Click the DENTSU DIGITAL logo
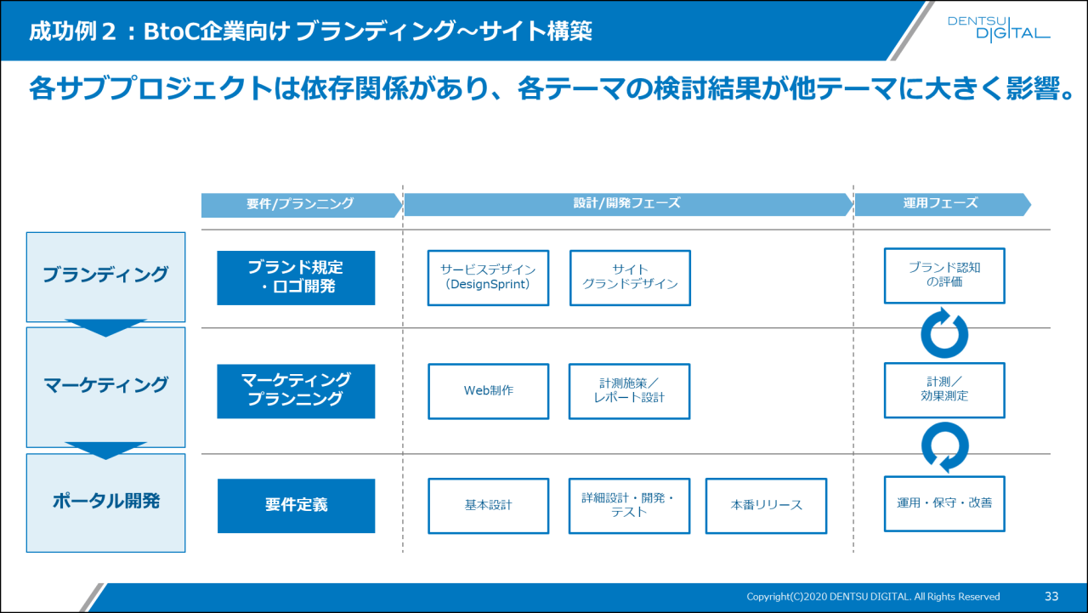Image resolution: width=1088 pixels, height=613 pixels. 998,28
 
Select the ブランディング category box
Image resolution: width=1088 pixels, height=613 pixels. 105,275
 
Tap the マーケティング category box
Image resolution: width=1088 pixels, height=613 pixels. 105,386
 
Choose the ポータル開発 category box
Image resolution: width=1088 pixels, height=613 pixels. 105,502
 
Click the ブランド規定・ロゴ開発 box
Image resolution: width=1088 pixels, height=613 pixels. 296,277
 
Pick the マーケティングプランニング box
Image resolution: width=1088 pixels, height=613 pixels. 296,390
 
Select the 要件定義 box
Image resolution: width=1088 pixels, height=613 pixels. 296,505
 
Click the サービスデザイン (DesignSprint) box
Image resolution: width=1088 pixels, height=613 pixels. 488,277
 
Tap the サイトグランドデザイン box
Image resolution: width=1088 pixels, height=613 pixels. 630,277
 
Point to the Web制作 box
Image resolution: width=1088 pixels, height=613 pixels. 488,391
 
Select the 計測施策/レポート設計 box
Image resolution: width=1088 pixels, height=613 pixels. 629,391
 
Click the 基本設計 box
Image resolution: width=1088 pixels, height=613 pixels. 488,505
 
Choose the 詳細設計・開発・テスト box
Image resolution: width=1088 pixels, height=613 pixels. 629,505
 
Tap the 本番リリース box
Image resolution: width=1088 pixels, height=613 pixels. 766,505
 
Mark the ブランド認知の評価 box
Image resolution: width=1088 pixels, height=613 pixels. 944,275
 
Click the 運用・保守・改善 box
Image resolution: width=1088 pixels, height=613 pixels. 944,503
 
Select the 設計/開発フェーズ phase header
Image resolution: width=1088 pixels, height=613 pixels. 627,204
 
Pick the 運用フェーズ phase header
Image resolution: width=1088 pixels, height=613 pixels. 941,204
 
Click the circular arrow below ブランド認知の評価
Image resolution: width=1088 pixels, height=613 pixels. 944,334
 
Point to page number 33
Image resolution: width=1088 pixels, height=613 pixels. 1051,596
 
